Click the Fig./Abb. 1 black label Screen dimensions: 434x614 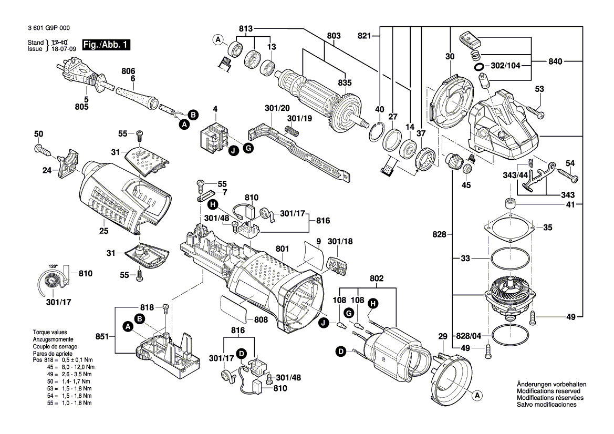[105, 45]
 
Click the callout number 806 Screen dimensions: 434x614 [128, 70]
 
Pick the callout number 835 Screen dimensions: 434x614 [345, 82]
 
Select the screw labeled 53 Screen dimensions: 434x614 [534, 112]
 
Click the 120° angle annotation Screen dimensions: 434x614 [53, 266]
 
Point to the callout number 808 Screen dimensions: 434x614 [261, 319]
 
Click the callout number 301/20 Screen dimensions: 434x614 [277, 108]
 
